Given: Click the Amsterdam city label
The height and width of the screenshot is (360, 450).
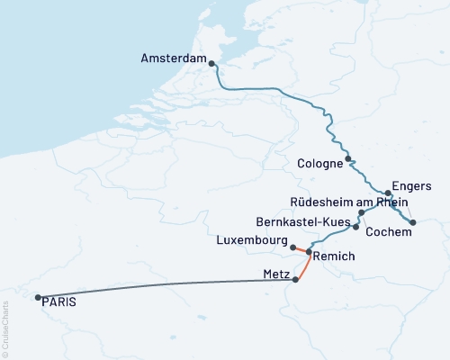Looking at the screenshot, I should point(174,58).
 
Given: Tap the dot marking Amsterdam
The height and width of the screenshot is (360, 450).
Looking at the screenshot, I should point(211,63).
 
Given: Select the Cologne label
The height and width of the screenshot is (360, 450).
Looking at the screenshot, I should point(319,163).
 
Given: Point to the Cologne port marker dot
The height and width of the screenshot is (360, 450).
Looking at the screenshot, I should point(348,158).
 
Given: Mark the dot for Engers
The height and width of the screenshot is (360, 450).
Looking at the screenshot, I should point(388,193).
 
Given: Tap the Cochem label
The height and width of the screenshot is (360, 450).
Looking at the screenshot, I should point(389,231).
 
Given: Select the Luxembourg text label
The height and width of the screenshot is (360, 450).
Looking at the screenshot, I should point(251,241).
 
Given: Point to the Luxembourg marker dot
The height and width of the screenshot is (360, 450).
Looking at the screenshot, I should point(293,246).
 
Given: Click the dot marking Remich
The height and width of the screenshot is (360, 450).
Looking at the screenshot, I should point(310,253).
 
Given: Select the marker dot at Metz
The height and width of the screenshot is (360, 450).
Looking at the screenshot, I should point(295,280).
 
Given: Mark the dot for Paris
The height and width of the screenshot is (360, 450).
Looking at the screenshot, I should point(37,297).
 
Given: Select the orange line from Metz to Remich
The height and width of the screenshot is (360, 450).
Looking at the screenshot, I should point(304,266).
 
